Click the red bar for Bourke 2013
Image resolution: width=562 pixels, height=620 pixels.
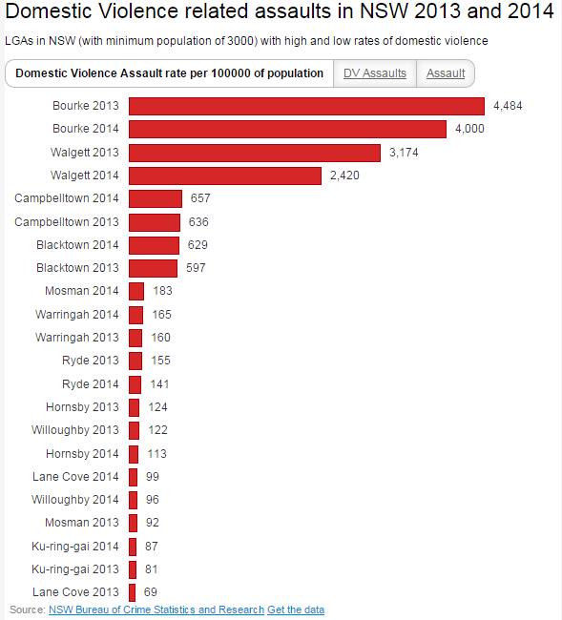(306, 106)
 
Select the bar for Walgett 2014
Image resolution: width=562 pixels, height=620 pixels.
(225, 176)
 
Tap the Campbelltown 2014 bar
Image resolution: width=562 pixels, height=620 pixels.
(155, 198)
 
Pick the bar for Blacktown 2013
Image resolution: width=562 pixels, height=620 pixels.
(153, 268)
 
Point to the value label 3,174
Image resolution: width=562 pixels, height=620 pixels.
(405, 153)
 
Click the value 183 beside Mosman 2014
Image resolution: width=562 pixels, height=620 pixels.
(162, 291)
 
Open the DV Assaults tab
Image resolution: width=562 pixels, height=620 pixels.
(374, 73)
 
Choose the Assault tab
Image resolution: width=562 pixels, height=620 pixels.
(446, 73)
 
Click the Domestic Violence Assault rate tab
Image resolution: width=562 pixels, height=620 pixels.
(169, 73)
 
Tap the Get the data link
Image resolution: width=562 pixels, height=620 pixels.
(296, 610)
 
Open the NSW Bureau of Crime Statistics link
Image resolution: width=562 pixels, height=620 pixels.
(156, 610)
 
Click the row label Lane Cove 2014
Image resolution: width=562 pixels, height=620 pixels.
(77, 476)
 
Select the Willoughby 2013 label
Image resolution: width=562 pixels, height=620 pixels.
(75, 430)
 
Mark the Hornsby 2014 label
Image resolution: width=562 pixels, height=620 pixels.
(82, 453)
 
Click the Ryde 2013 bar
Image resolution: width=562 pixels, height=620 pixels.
(135, 361)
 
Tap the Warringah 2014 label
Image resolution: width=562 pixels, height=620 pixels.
(77, 314)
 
